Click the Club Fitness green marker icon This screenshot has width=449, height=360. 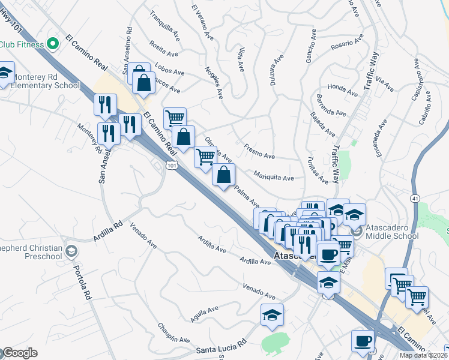52,44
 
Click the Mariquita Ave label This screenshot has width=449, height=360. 273,178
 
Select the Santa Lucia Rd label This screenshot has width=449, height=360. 221,346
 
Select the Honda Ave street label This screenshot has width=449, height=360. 343,90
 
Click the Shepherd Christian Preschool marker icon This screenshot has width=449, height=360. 72,250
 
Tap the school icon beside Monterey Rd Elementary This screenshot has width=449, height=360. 4,74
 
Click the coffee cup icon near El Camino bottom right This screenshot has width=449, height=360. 363,341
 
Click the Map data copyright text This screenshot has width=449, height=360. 423,355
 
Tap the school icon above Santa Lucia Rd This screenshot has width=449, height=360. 272,315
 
